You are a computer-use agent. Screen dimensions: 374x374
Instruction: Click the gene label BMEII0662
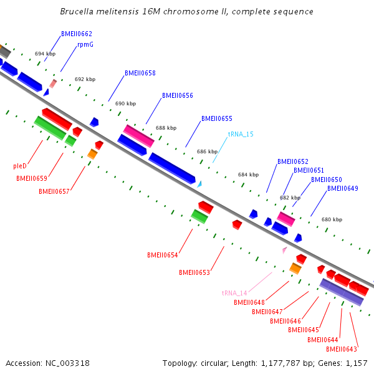point(77,34)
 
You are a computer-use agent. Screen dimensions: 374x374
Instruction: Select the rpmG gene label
point(85,45)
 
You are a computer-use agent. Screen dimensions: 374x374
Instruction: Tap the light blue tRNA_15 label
point(241,134)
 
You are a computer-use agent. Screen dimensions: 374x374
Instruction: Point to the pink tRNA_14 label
point(234,293)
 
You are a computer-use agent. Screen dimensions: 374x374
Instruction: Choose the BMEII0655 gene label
point(217,118)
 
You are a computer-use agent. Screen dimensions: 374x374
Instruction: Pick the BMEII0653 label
point(194,272)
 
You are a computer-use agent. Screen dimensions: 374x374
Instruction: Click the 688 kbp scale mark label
point(166,128)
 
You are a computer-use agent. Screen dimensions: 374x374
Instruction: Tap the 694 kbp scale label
point(45,54)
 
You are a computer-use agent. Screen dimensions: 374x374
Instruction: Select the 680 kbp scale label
point(332,219)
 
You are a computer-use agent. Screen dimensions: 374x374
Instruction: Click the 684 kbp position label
point(248,175)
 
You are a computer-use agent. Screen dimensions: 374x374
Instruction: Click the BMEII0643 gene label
point(342,349)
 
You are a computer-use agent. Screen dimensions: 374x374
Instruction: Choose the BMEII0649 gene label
point(343,188)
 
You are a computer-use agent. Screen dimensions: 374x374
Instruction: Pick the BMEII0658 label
point(140,73)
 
